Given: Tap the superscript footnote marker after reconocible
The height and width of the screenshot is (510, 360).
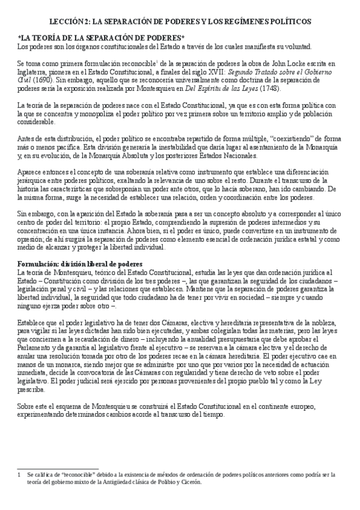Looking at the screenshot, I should (156, 60).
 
